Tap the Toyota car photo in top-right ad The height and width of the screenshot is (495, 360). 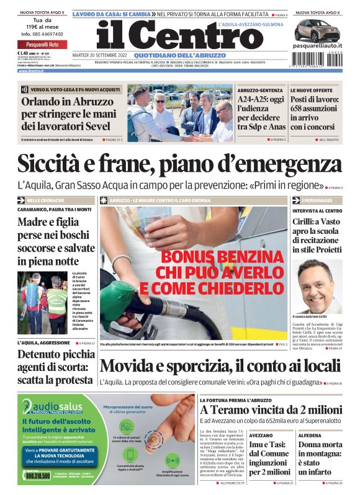[x=317, y=30]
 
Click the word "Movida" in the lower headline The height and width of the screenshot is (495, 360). [x=128, y=366]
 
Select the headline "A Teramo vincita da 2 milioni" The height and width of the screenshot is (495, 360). [x=271, y=410]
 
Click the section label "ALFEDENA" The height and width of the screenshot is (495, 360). [x=310, y=435]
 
